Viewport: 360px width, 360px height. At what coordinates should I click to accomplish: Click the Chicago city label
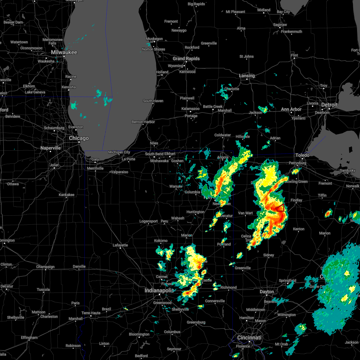79,138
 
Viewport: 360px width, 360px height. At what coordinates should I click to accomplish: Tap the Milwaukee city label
64,52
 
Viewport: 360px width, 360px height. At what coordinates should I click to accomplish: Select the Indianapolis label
159,290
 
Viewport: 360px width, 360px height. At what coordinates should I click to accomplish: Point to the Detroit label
329,105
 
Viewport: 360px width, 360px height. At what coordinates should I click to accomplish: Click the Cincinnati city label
249,338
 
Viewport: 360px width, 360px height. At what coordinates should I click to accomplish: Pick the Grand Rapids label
186,59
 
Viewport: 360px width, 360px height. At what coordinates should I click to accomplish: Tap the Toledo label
302,155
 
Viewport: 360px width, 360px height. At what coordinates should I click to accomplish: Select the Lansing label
247,76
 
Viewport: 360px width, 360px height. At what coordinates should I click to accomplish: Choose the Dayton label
267,292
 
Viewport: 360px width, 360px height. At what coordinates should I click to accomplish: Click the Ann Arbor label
291,109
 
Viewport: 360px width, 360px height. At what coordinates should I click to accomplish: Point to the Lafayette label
120,245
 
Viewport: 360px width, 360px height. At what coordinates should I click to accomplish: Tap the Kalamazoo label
190,109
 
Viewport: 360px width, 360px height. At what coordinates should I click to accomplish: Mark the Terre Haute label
91,313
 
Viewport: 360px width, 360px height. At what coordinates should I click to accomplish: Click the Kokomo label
161,241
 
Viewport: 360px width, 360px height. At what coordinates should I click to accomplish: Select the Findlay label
296,200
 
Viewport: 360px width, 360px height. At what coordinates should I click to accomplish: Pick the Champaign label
46,267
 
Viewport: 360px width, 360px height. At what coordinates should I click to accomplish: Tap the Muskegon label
154,39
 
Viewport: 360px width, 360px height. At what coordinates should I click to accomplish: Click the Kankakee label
67,195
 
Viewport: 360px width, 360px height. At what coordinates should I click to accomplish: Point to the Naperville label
51,148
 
